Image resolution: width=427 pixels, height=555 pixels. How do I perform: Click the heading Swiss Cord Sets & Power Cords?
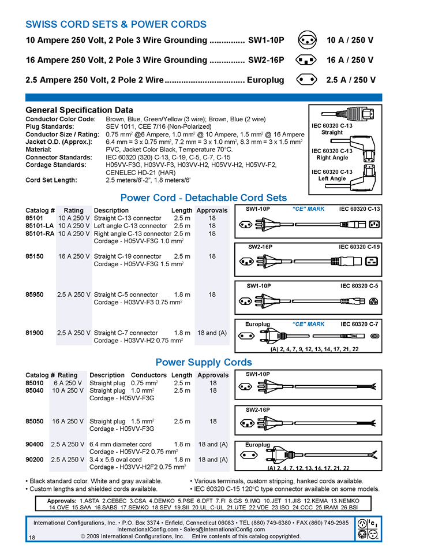pyautogui.click(x=116, y=24)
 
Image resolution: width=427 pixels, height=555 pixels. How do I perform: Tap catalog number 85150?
pyautogui.click(x=35, y=256)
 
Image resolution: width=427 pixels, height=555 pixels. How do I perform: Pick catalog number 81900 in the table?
pyautogui.click(x=35, y=333)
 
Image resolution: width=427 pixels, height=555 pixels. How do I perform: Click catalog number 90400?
pyautogui.click(x=35, y=444)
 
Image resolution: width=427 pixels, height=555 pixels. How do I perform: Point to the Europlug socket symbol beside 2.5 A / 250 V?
pyautogui.click(x=306, y=80)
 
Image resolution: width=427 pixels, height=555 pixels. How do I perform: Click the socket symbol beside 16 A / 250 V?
pyautogui.click(x=306, y=60)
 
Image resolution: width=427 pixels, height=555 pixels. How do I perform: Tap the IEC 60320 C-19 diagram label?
pyautogui.click(x=359, y=247)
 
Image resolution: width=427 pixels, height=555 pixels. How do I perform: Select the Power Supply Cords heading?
pyautogui.click(x=204, y=362)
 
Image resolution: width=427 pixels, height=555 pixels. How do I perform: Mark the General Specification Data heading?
pyautogui.click(x=79, y=110)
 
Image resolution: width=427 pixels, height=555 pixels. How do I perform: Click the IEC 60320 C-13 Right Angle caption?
pyautogui.click(x=332, y=154)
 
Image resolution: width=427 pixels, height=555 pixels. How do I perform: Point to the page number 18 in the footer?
pyautogui.click(x=32, y=538)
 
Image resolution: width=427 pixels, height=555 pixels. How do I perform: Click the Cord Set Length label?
pyautogui.click(x=51, y=180)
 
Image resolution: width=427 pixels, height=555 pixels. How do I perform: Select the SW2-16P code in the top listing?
pyautogui.click(x=266, y=60)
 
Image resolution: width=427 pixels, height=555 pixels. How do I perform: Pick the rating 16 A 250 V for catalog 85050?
pyautogui.click(x=68, y=421)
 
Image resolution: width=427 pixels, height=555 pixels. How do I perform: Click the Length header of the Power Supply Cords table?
pyautogui.click(x=182, y=375)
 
